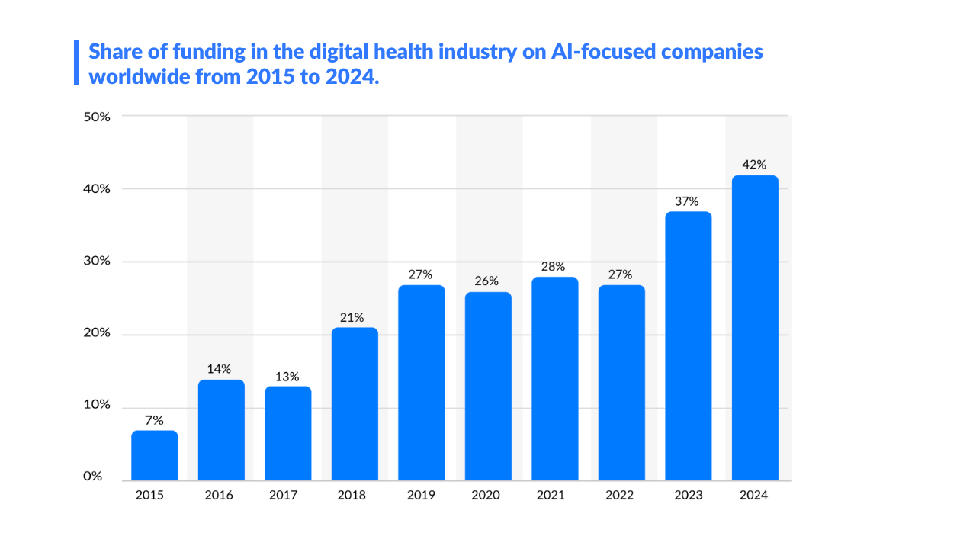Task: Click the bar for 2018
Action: [x=355, y=404]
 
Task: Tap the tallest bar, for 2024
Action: [x=755, y=328]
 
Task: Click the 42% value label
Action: [x=755, y=164]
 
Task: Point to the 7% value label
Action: [x=154, y=419]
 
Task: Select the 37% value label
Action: [x=688, y=201]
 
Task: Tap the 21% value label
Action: [x=355, y=316]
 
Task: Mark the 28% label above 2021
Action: [x=554, y=266]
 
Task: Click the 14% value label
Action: [x=220, y=369]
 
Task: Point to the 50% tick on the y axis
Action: [x=97, y=117]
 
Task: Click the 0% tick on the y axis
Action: [x=92, y=476]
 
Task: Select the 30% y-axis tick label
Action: [x=97, y=261]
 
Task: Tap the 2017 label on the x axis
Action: [x=283, y=495]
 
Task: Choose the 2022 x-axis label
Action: [x=621, y=495]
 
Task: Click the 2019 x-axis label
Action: [x=421, y=495]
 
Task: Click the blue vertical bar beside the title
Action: [x=76, y=63]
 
